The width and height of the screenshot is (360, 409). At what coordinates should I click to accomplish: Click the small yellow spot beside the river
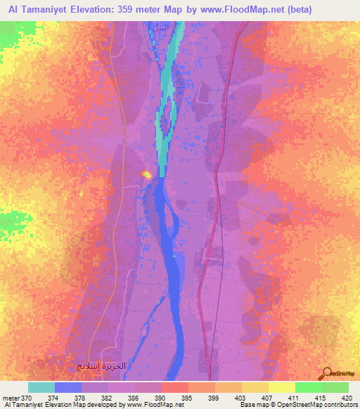coord(147,175)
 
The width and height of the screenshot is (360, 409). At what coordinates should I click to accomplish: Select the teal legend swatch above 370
coord(41,387)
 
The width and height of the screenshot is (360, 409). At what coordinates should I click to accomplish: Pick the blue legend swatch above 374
coord(67,387)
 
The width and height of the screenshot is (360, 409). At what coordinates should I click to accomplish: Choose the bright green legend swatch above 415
coord(308,387)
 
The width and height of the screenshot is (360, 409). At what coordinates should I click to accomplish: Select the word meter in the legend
coord(12,397)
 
